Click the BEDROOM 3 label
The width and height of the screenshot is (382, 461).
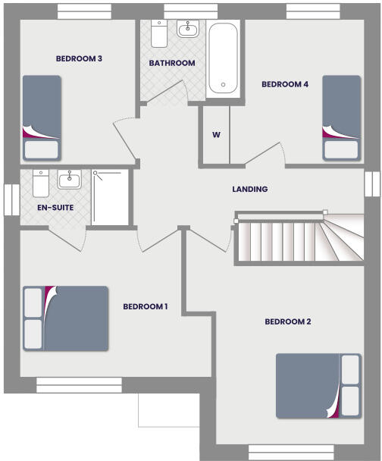point(79,58)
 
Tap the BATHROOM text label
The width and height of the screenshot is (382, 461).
point(172,63)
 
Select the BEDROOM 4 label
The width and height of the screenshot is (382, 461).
point(284,84)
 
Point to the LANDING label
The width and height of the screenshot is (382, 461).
point(249,189)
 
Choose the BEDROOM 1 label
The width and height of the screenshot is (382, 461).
point(145,306)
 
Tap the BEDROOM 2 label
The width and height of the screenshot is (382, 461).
point(287,321)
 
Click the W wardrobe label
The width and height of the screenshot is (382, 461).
point(216,135)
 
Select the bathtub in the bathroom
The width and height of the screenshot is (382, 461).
point(223,58)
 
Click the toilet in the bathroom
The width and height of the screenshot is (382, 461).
point(160,33)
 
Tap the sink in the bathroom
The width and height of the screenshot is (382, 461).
point(187,30)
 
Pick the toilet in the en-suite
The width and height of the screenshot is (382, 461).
point(40,182)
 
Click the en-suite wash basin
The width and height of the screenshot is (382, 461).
point(70,180)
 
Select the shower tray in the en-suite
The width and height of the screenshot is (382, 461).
point(110,197)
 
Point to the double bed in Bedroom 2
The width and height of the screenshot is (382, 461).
point(318,385)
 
